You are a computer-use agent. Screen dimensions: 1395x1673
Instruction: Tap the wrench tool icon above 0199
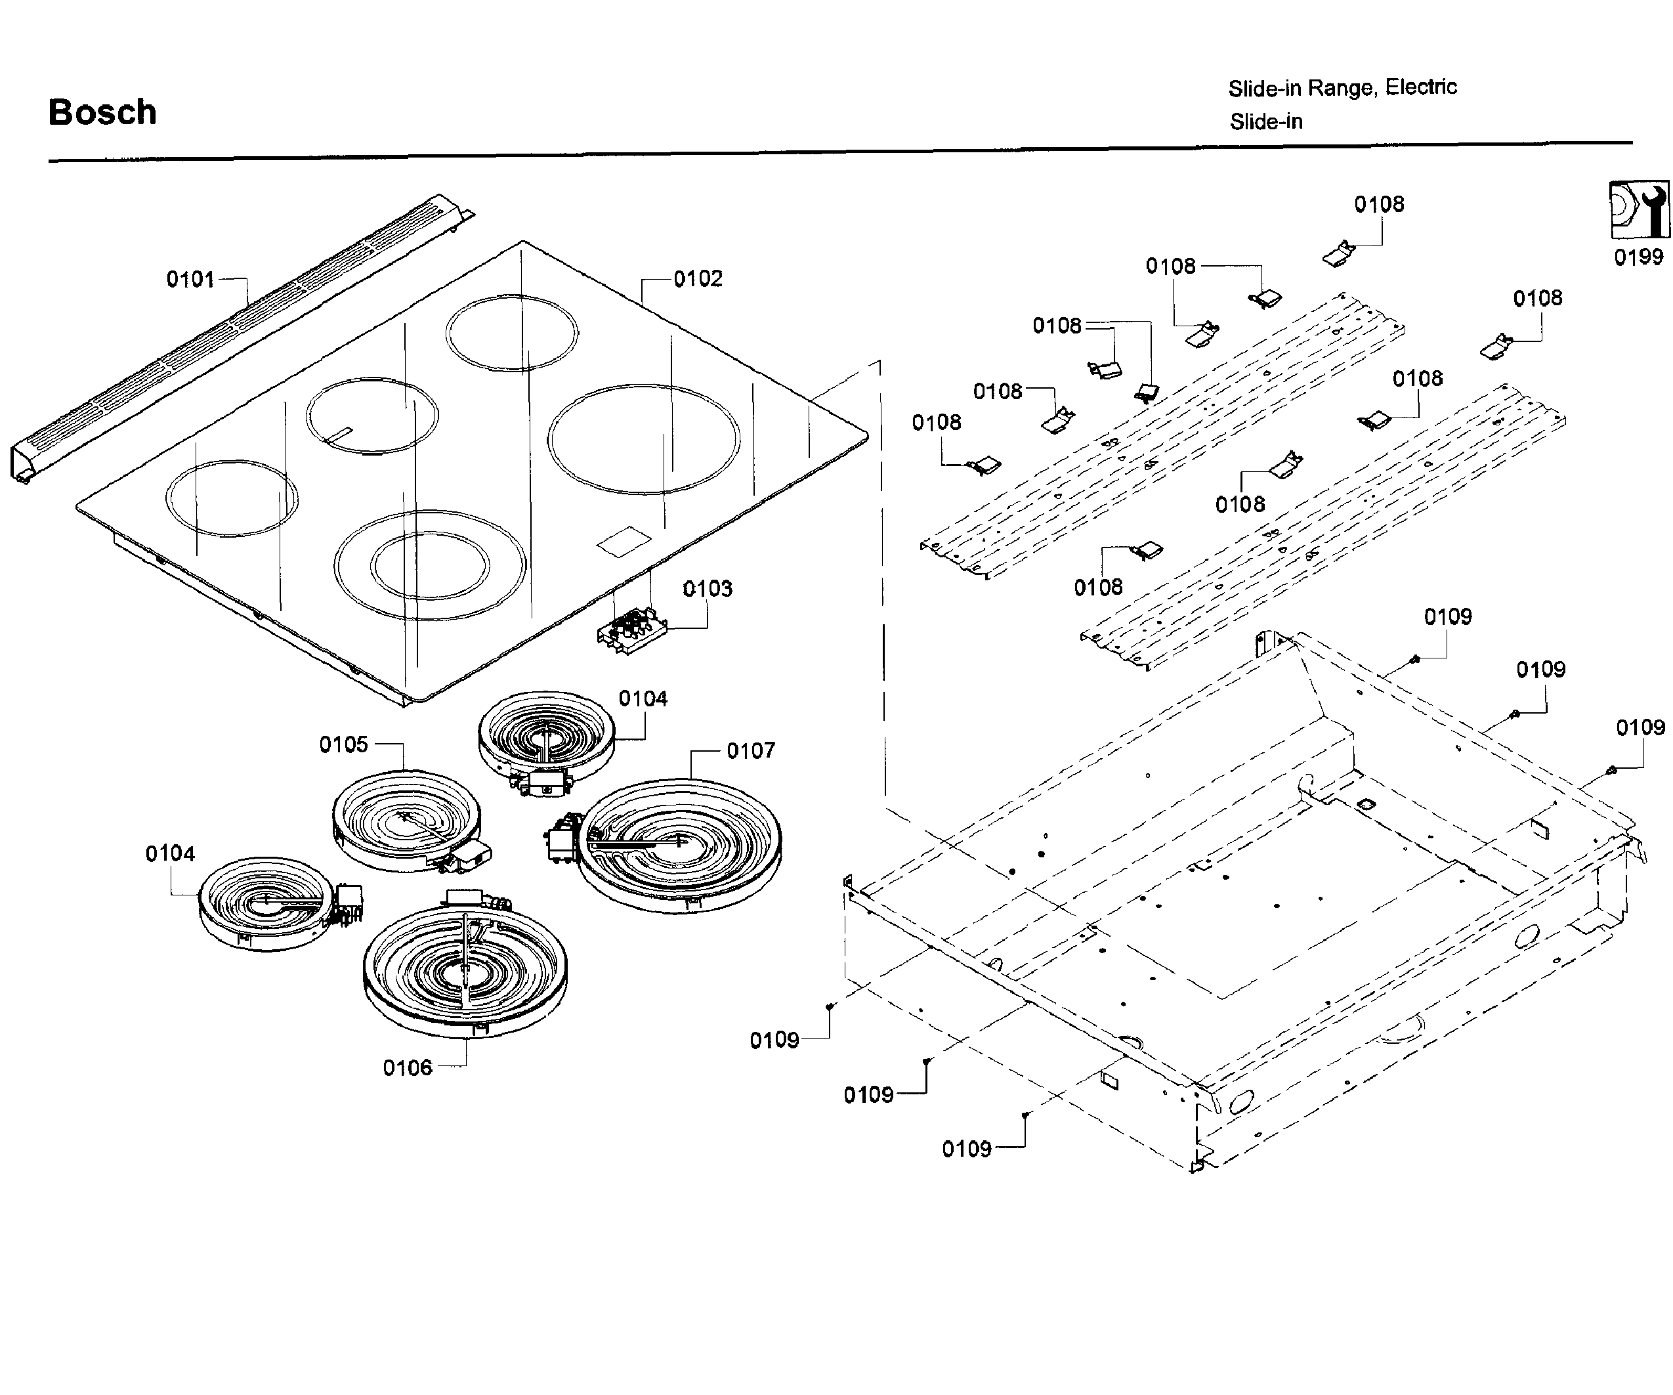coord(1639,209)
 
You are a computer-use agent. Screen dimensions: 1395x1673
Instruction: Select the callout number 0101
coord(190,280)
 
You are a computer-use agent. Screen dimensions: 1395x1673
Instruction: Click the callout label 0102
coord(698,279)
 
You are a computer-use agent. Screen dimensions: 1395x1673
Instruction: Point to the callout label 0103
coord(708,589)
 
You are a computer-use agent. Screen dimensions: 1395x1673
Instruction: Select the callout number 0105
coord(343,745)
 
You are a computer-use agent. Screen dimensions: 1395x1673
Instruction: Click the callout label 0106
coord(407,1067)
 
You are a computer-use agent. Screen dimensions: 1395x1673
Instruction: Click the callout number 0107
coord(750,750)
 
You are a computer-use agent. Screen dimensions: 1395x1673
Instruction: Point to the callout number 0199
coord(1639,257)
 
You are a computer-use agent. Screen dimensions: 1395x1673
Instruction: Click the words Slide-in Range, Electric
coord(1342,87)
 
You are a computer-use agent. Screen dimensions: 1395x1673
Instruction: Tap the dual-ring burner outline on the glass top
coord(430,565)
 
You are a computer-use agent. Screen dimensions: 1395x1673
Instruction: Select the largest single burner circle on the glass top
coord(644,439)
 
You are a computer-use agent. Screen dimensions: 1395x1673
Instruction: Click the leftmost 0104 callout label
coord(170,854)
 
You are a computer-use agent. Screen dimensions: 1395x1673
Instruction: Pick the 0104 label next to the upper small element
coord(643,698)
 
